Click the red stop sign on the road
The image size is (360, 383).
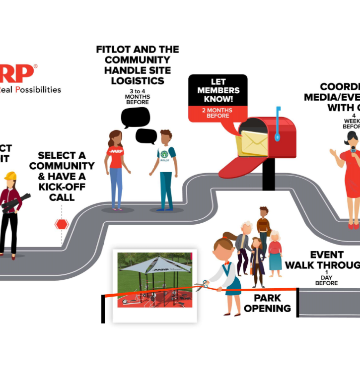click(x=62, y=224)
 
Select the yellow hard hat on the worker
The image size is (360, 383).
click(x=10, y=176)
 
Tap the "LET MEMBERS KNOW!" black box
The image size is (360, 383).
click(x=218, y=90)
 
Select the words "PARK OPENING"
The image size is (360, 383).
click(x=267, y=303)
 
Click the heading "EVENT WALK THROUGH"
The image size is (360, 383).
click(x=322, y=260)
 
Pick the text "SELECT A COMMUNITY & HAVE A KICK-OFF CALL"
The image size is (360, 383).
click(x=62, y=176)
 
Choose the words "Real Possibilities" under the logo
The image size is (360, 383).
click(x=31, y=90)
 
